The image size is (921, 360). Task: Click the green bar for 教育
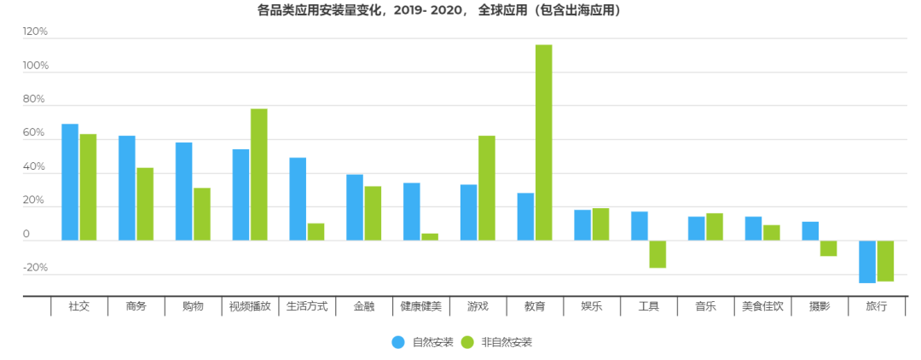(x=543, y=142)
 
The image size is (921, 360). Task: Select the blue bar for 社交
(x=70, y=183)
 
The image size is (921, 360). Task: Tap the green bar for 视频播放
(x=258, y=175)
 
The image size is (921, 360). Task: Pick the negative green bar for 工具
(x=657, y=254)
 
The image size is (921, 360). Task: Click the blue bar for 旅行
(x=867, y=262)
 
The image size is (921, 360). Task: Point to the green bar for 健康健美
(x=430, y=237)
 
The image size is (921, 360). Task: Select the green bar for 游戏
(x=486, y=189)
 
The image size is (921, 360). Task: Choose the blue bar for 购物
(x=183, y=191)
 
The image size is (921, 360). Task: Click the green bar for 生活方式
(x=316, y=232)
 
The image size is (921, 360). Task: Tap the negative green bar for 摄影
(x=828, y=248)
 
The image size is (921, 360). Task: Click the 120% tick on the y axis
(x=36, y=32)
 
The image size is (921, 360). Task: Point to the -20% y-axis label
(x=36, y=268)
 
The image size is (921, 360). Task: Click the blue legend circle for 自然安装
(x=398, y=342)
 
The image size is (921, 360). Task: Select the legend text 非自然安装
(x=507, y=342)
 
